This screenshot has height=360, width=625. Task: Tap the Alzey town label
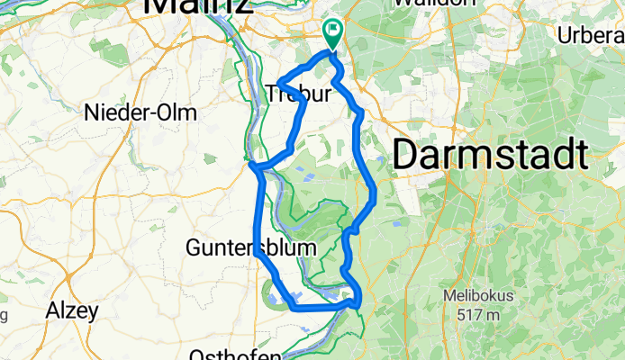coord(73,311)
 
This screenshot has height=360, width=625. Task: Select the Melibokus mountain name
coord(477,295)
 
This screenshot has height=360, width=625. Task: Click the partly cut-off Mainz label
coord(195,7)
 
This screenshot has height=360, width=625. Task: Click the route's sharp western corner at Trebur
coord(278,84)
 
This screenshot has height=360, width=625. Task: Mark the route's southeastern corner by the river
coord(359,302)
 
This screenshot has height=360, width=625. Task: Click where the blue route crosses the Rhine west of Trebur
coord(253,165)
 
